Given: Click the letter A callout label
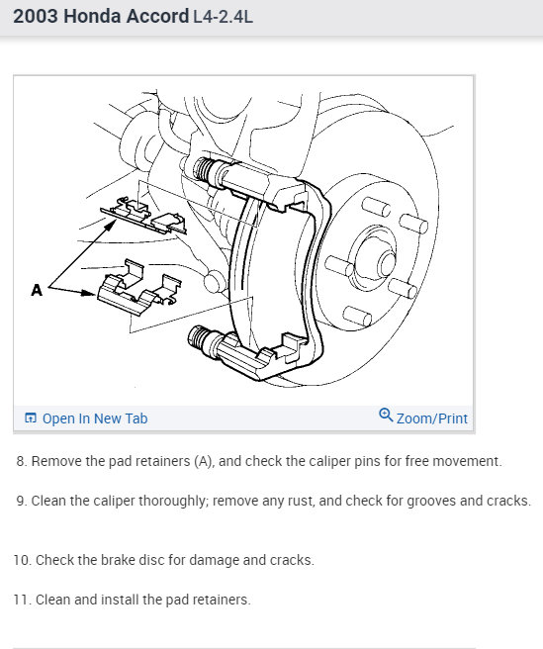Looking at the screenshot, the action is pos(37,290).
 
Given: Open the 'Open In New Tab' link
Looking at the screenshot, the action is pos(95,418).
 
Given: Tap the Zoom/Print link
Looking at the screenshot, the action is pos(431,418).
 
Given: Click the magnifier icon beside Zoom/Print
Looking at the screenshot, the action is pos(386,415).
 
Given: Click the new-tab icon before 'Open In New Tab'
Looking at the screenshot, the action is pos(31,418).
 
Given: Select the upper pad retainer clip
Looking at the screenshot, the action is pos(144,216).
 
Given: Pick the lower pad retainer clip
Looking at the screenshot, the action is pos(139,287).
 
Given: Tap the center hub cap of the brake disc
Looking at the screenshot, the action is pos(387,263).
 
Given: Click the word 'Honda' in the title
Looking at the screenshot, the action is pos(93,17).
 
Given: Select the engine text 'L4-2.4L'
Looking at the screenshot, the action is pos(223,17).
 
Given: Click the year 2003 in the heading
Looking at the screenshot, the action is pos(36,17).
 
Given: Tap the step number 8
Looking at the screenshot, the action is pos(22,461).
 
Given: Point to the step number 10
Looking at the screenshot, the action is pos(23,560).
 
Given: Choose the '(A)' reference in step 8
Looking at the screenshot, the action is pos(204,461).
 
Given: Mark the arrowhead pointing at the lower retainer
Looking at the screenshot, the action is pos(89,293).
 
